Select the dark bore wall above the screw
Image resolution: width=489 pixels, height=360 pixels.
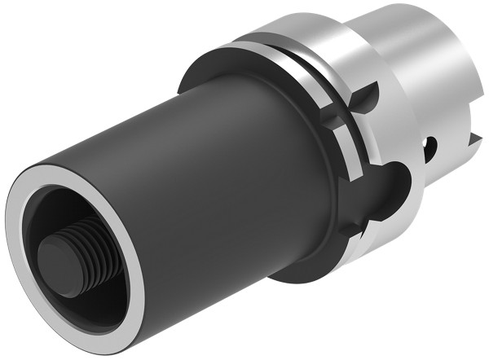pos(77,204)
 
